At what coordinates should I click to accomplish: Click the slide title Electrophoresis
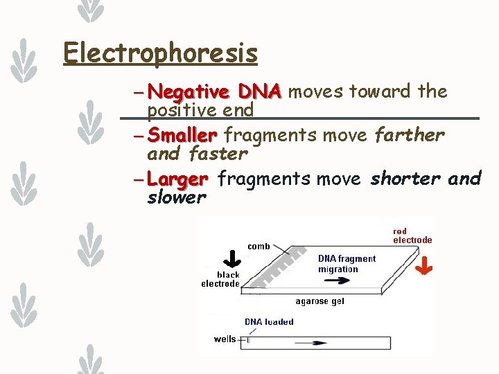pyautogui.click(x=160, y=53)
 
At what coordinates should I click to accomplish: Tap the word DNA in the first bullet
pyautogui.click(x=259, y=91)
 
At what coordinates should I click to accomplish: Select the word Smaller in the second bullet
pyautogui.click(x=182, y=134)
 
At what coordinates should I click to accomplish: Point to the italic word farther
pyautogui.click(x=409, y=134)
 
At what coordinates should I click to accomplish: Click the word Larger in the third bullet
pyautogui.click(x=177, y=179)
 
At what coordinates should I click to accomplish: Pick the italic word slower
pyautogui.click(x=177, y=197)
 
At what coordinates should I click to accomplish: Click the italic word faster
pyautogui.click(x=218, y=153)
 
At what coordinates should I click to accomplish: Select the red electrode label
pyautogui.click(x=412, y=235)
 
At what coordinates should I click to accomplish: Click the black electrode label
pyautogui.click(x=220, y=279)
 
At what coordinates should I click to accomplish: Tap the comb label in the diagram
pyautogui.click(x=259, y=246)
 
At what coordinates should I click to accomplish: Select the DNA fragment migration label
pyautogui.click(x=347, y=264)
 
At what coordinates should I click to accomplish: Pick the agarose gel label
pyautogui.click(x=319, y=301)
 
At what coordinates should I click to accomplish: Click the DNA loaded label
pyautogui.click(x=269, y=321)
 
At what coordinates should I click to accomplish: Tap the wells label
pyautogui.click(x=225, y=339)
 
